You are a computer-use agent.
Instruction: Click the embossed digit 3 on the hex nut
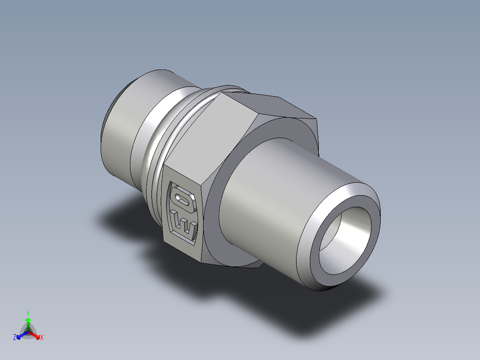[x=184, y=225]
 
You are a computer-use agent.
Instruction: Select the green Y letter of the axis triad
[x=28, y=313]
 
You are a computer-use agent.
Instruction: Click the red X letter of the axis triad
[x=42, y=338]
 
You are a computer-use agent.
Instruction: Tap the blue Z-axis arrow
[x=20, y=335]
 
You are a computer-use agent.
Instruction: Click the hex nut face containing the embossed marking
[x=183, y=212]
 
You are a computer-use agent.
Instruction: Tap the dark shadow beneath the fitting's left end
[x=125, y=218]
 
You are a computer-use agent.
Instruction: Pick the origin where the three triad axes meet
[x=28, y=331]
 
